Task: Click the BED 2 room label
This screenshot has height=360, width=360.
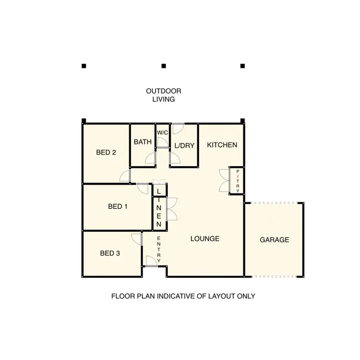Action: [106, 153]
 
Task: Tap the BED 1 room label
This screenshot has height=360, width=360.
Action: [118, 207]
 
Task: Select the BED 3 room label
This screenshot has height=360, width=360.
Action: [110, 253]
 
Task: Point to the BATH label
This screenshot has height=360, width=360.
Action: [143, 142]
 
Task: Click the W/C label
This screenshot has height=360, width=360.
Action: [162, 132]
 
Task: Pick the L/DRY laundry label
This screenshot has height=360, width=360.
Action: [184, 145]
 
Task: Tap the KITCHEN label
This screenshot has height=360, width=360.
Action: [222, 144]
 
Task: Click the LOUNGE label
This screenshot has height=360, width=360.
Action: [204, 239]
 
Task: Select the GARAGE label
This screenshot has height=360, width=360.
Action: [275, 240]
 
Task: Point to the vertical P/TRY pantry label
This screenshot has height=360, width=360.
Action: [237, 180]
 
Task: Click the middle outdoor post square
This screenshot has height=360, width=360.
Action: [163, 65]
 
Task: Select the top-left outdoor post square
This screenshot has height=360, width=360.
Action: [84, 65]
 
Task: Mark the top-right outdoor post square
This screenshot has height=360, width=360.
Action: [242, 65]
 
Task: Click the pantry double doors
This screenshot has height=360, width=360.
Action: [224, 180]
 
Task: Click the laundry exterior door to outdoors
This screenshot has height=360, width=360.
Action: [178, 129]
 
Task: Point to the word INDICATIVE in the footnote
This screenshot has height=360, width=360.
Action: [168, 296]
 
